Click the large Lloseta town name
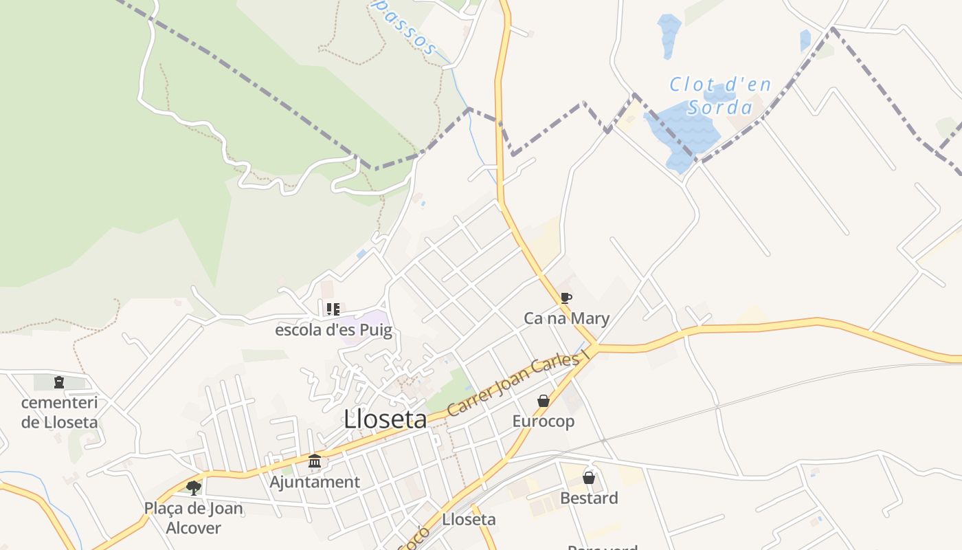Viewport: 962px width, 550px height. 385,419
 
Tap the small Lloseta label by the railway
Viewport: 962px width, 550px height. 469,519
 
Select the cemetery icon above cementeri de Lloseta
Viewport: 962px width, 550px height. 59,382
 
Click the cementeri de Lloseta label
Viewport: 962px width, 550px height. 60,412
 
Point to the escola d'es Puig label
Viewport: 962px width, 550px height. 333,330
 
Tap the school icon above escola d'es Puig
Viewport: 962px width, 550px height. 333,309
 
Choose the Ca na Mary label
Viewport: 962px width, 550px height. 566,318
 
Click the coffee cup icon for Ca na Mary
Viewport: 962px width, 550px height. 566,298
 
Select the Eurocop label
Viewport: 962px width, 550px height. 544,421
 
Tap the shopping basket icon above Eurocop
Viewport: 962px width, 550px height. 544,400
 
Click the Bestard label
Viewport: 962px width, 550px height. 589,498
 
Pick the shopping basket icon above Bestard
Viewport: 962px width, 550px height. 589,477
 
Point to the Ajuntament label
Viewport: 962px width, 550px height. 315,482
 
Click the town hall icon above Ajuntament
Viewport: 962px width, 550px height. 315,461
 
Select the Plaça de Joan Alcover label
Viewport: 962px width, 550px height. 193,518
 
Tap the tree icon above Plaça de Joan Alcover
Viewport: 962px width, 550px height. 194,488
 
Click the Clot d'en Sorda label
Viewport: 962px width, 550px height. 720,96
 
